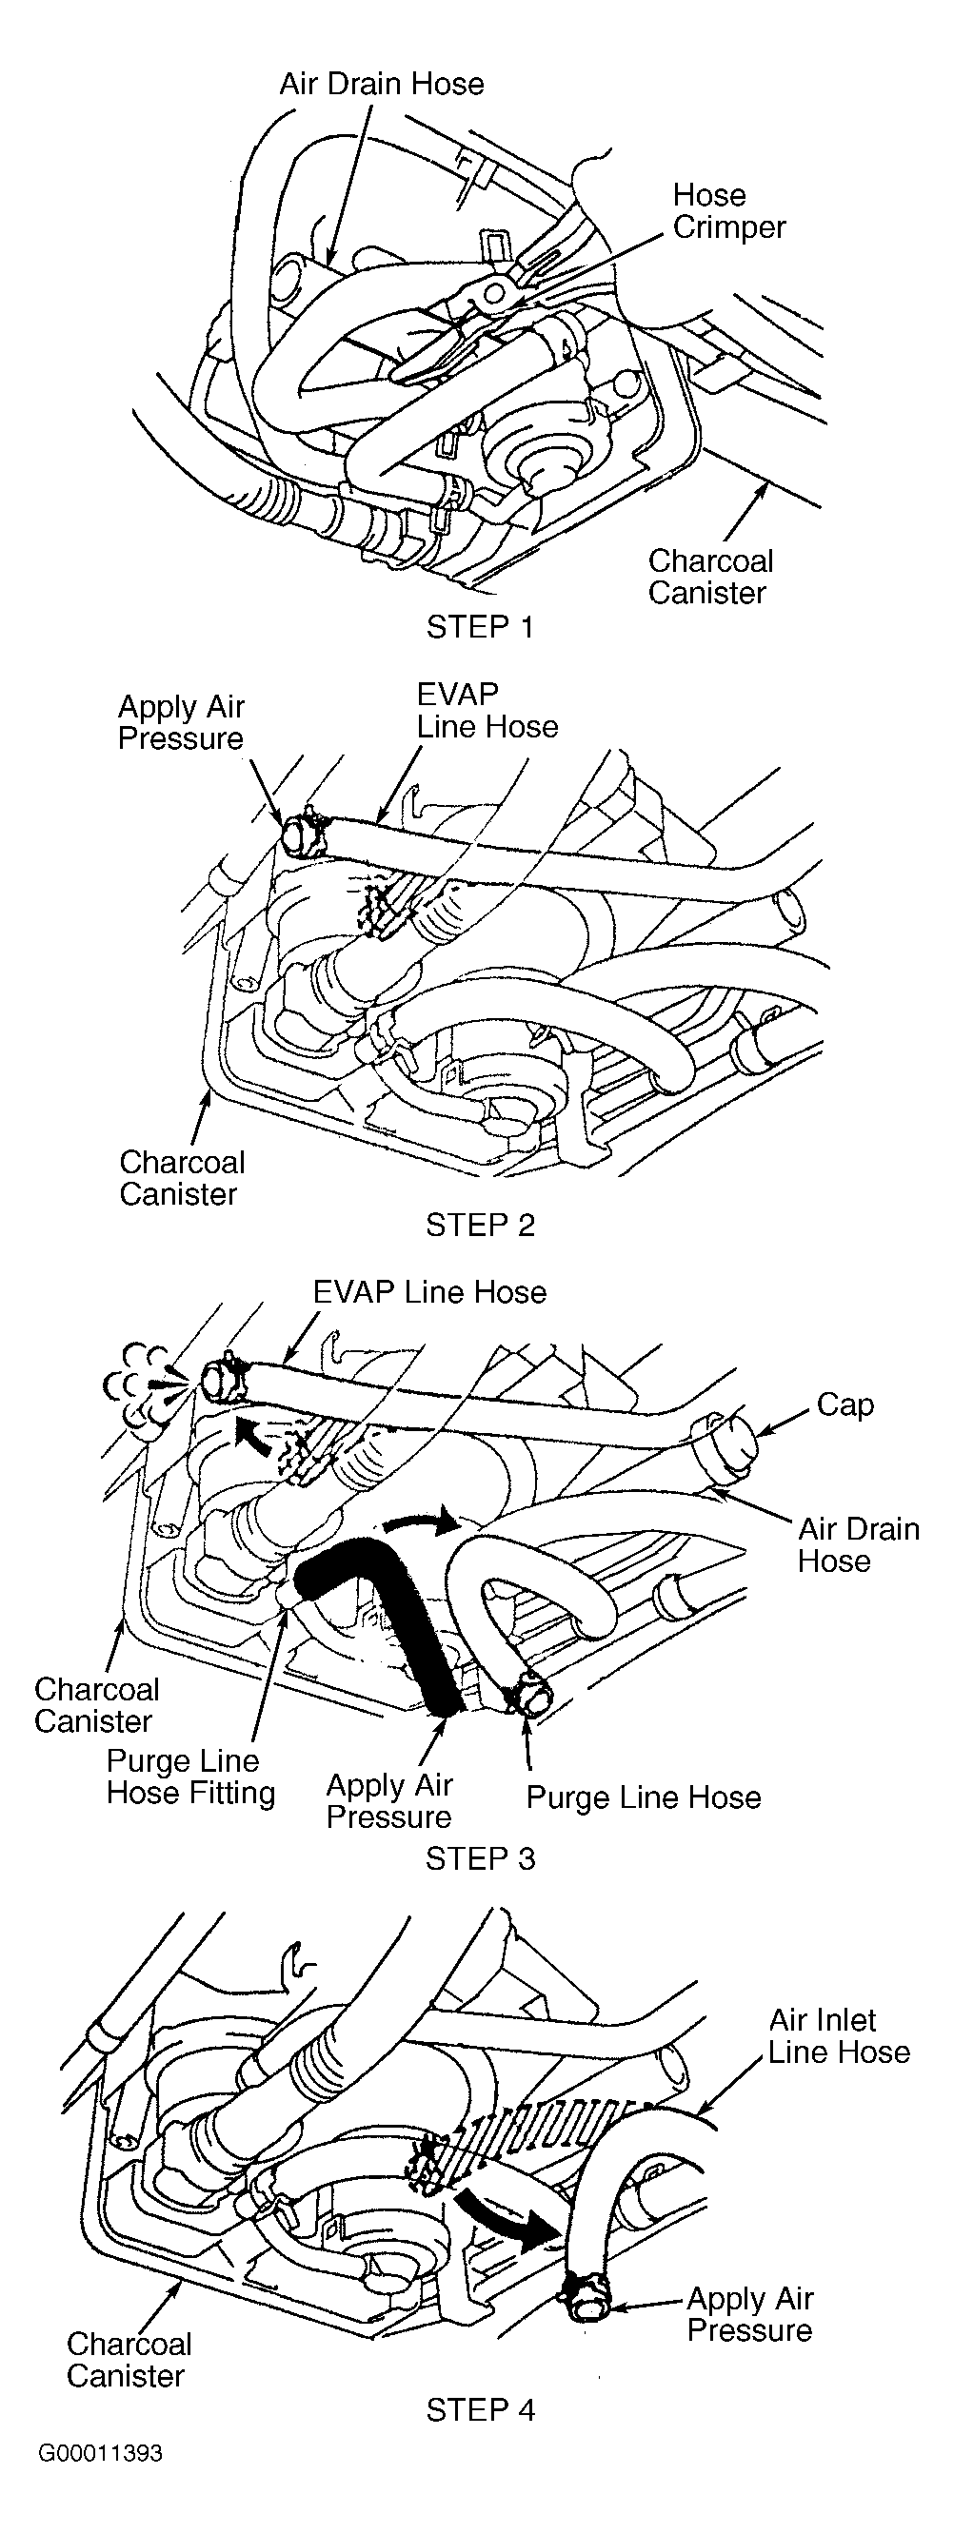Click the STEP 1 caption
(480, 626)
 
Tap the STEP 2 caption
(480, 1226)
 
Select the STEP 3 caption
(480, 1858)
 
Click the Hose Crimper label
(728, 211)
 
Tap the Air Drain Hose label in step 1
(382, 84)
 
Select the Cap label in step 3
(845, 1405)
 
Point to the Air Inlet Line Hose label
(839, 2036)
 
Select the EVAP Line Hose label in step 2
(487, 711)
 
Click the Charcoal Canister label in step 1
(710, 578)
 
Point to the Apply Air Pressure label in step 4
(750, 2315)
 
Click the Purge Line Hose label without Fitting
(644, 1798)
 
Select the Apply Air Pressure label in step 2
(181, 723)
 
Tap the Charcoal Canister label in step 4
(129, 2360)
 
